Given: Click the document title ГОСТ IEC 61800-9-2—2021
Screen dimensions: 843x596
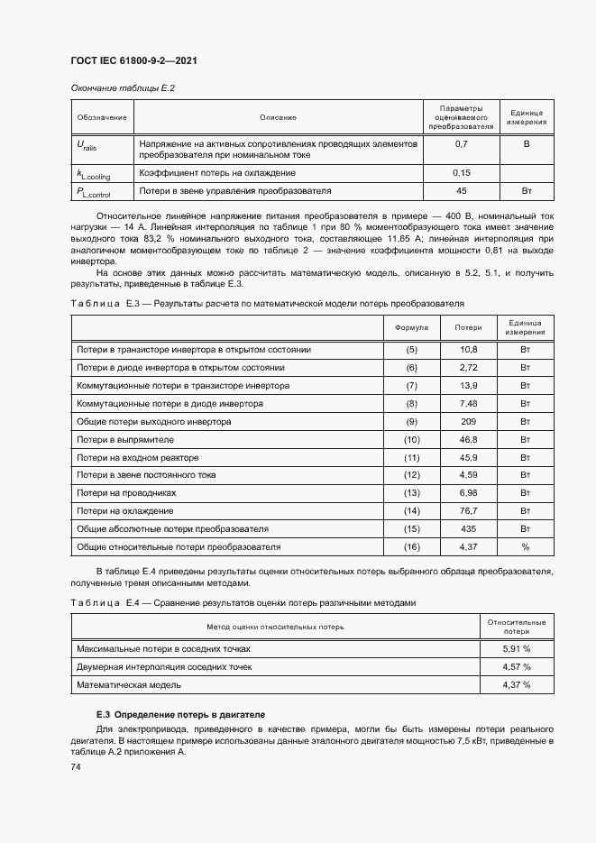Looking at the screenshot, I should (133, 60).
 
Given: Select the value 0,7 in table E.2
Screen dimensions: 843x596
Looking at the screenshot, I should (462, 144).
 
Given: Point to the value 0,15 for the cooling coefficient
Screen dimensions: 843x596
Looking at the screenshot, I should (462, 172).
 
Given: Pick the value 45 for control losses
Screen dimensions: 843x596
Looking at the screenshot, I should (462, 191).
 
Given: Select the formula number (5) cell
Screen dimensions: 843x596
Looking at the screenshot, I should (412, 349).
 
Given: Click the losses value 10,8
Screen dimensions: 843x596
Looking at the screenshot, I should (468, 349).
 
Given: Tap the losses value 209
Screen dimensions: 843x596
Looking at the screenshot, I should (468, 422).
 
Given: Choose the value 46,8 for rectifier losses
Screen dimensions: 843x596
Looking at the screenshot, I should (468, 440).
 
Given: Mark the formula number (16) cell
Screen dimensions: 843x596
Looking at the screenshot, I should (412, 547).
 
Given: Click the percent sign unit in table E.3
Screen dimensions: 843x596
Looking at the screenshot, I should (525, 547).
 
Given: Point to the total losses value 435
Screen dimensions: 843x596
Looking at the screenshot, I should (468, 529).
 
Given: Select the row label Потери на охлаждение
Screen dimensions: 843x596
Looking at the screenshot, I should (125, 511).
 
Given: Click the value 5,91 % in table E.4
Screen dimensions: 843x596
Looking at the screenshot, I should (517, 648).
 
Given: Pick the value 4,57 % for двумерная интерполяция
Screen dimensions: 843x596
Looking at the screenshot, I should (517, 667).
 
